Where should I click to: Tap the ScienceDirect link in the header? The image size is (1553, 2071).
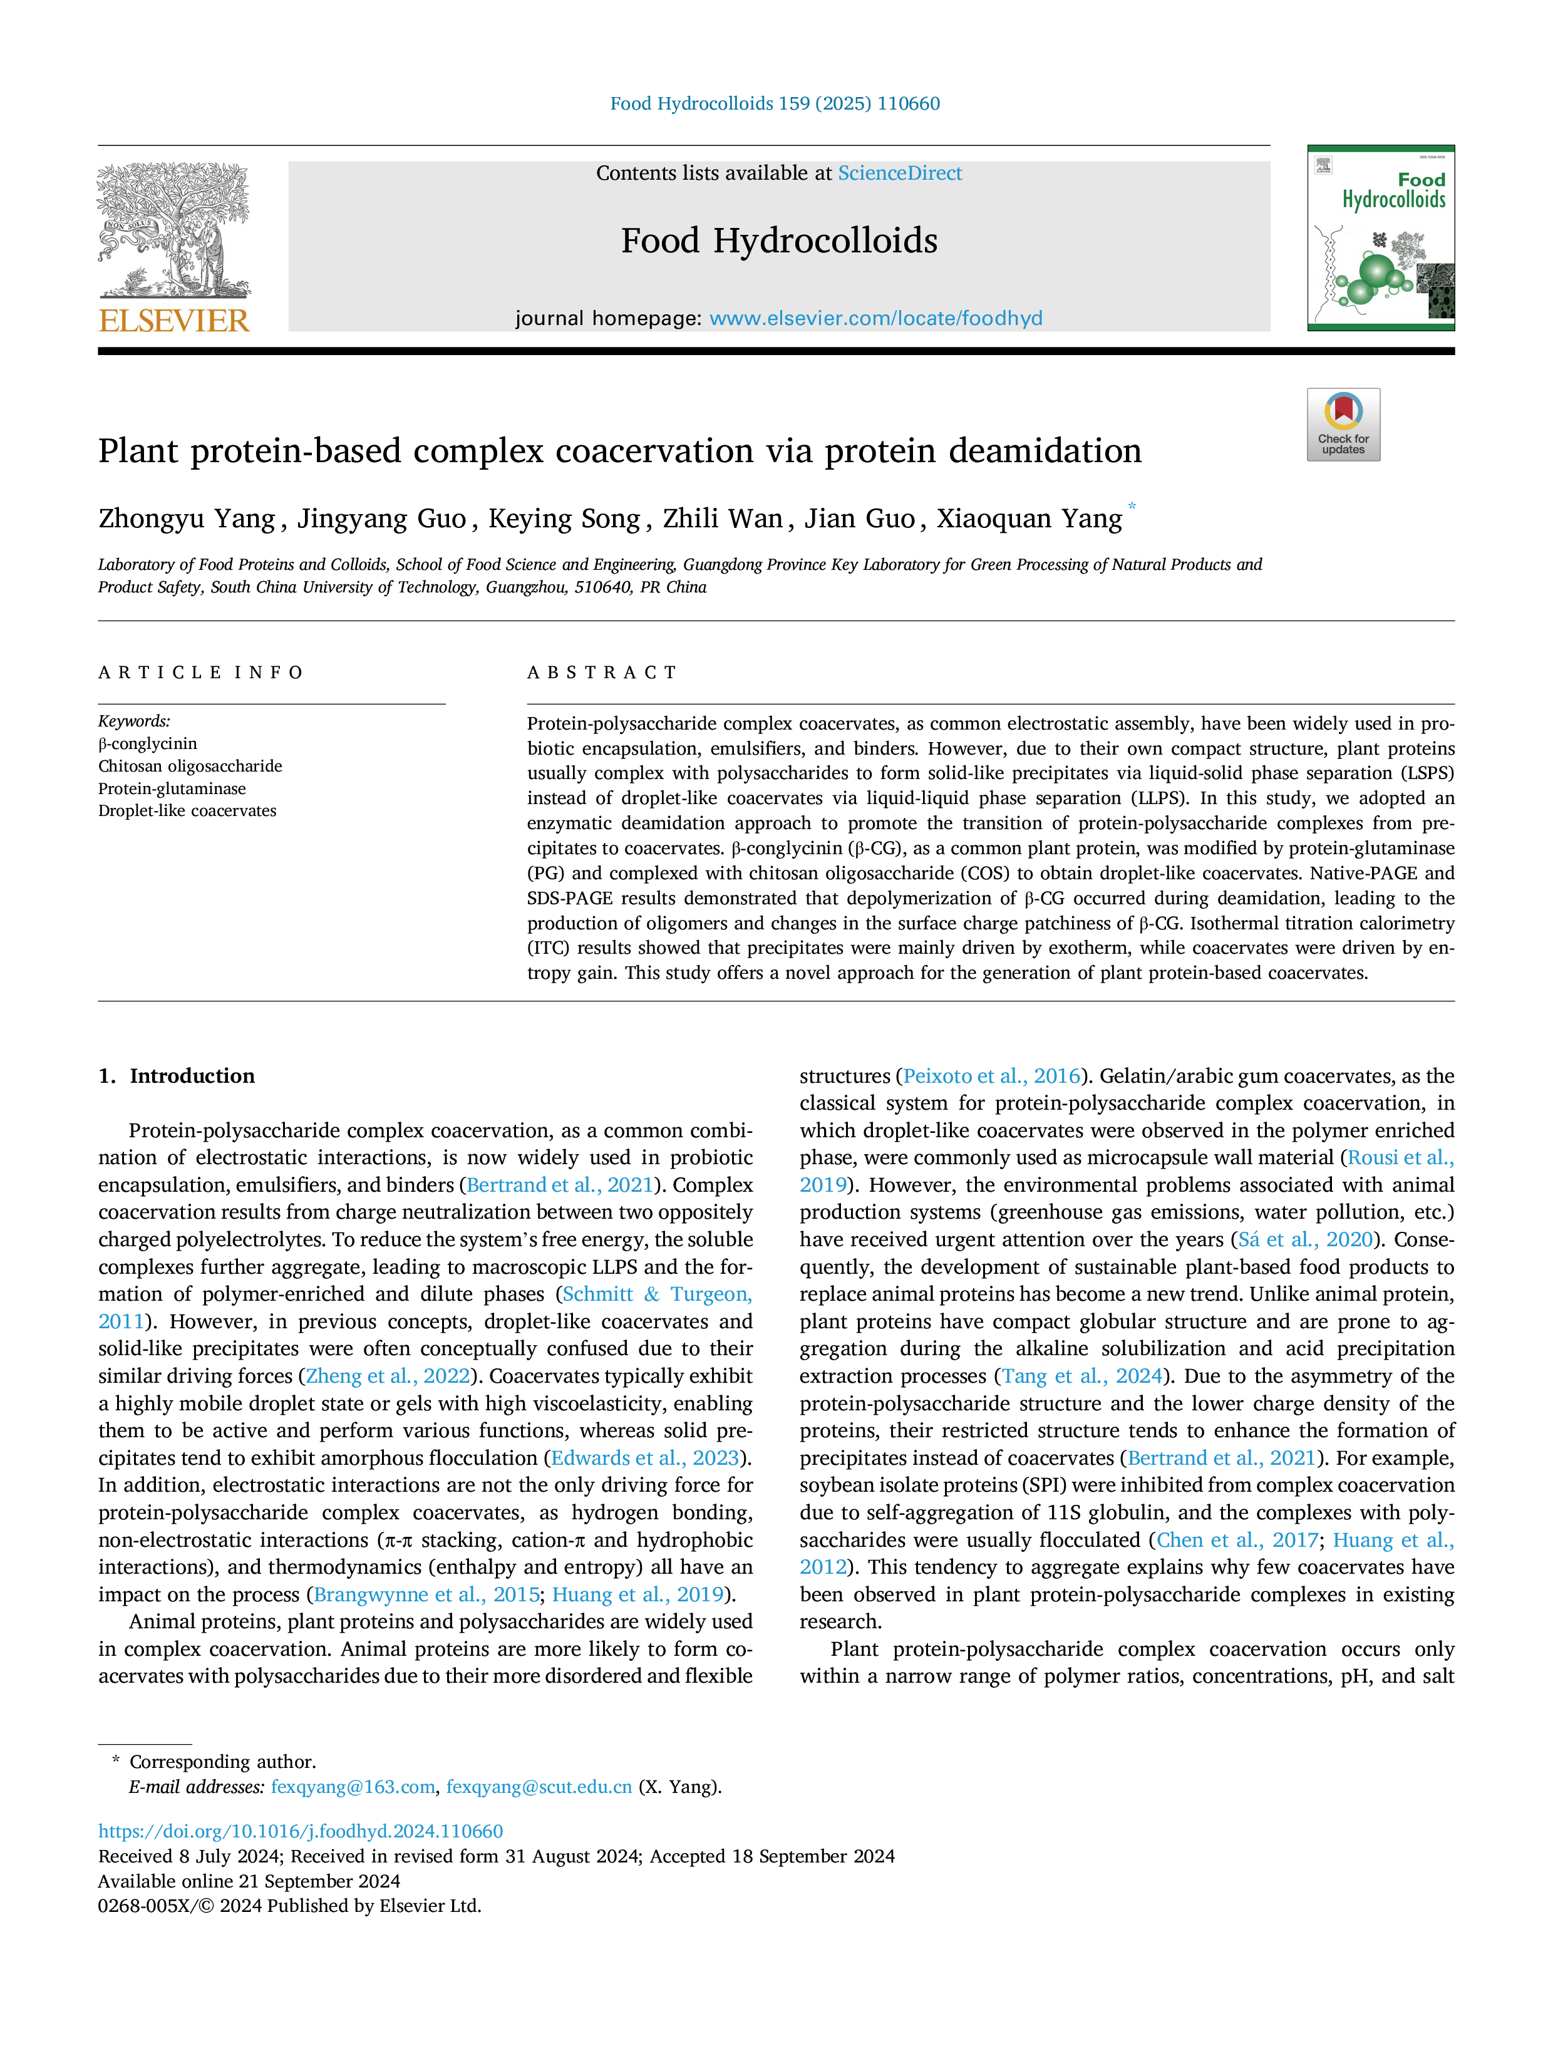click(900, 173)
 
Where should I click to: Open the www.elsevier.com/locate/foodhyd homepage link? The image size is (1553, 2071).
click(875, 318)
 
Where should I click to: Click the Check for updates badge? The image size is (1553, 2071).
click(1343, 424)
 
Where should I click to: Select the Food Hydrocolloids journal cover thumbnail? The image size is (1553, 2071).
click(1381, 238)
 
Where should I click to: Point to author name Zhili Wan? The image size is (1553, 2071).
click(723, 519)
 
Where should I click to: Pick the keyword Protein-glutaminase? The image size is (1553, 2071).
click(172, 788)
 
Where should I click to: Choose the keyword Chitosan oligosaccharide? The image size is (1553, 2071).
click(190, 766)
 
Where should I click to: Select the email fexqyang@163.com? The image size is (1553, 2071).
click(353, 1787)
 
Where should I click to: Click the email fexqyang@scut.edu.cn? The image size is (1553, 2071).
click(539, 1787)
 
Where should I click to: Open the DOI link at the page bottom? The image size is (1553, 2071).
click(301, 1831)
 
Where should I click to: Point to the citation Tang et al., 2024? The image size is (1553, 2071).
click(1082, 1375)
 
